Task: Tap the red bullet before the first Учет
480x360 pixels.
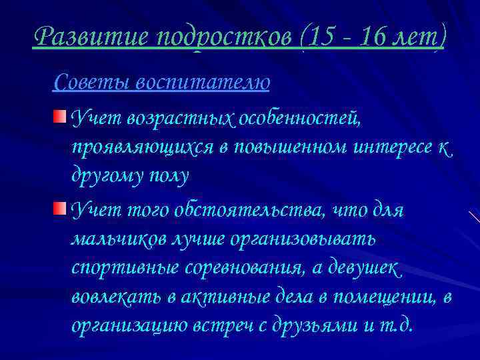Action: click(61, 118)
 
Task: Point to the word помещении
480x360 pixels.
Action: click(380, 297)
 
